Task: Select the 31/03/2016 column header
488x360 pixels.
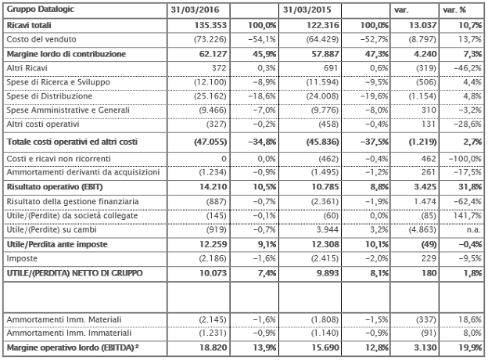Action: pyautogui.click(x=194, y=9)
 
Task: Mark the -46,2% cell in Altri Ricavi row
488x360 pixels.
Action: pyautogui.click(x=465, y=68)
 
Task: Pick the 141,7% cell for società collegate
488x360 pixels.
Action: pyautogui.click(x=467, y=216)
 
